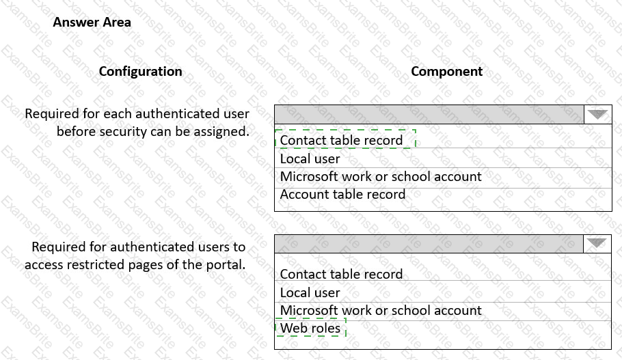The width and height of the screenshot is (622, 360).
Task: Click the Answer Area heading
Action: pos(92,22)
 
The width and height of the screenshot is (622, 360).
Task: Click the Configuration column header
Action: pos(140,71)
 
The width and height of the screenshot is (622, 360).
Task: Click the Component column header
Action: pos(446,71)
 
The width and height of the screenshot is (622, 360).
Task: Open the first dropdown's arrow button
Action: pos(598,114)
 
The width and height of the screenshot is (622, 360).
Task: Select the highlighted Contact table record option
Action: pos(341,140)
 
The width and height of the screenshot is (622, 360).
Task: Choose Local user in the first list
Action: pos(310,158)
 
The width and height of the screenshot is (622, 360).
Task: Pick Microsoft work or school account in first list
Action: pos(381,176)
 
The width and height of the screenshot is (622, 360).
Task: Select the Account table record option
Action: pos(342,194)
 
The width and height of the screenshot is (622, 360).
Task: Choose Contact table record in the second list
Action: pos(341,274)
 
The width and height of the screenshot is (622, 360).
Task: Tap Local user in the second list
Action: pos(310,292)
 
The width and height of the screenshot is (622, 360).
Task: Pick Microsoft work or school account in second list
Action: pos(381,310)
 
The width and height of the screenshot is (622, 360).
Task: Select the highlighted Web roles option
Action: pos(310,328)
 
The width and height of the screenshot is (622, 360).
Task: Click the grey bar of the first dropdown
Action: pos(429,114)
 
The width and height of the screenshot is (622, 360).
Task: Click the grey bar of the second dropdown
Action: pos(429,243)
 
